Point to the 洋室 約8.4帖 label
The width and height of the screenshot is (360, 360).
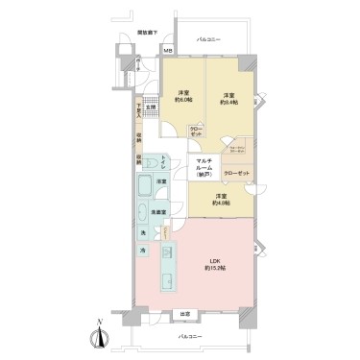pyautogui.click(x=229, y=99)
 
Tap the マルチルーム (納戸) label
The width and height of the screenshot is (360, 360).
pyautogui.click(x=204, y=168)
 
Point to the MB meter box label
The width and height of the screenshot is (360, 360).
pyautogui.click(x=167, y=51)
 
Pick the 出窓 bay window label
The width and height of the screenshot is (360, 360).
pyautogui.click(x=185, y=314)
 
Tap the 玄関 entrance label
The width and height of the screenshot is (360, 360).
pyautogui.click(x=152, y=108)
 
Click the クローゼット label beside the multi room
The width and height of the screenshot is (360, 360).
pyautogui.click(x=236, y=173)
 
